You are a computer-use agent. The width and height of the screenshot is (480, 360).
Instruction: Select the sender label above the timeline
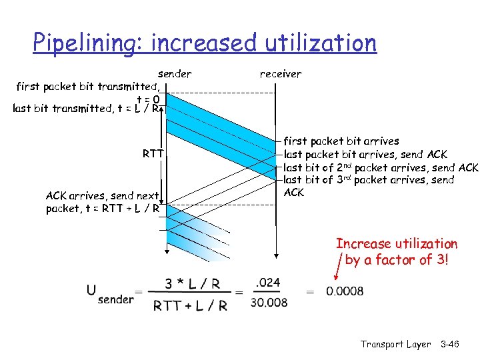click(x=175, y=73)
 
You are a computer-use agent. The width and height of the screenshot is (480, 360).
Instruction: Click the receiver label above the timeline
click(x=280, y=74)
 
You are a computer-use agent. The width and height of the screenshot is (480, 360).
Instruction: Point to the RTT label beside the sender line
click(x=153, y=153)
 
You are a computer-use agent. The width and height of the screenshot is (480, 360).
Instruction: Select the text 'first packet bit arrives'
click(x=341, y=141)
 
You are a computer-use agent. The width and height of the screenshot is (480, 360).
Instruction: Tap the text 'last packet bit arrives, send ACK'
click(x=366, y=154)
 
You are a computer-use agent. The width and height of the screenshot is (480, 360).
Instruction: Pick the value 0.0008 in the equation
click(x=345, y=291)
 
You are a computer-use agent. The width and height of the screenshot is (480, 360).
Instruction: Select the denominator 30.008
click(x=269, y=303)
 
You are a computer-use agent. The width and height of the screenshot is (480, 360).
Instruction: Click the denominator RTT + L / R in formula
click(x=191, y=306)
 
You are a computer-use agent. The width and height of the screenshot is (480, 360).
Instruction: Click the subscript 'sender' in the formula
click(x=115, y=299)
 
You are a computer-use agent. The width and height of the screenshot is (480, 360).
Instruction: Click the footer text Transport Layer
click(x=396, y=344)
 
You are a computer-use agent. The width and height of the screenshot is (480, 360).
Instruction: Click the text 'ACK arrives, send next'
click(x=103, y=196)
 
